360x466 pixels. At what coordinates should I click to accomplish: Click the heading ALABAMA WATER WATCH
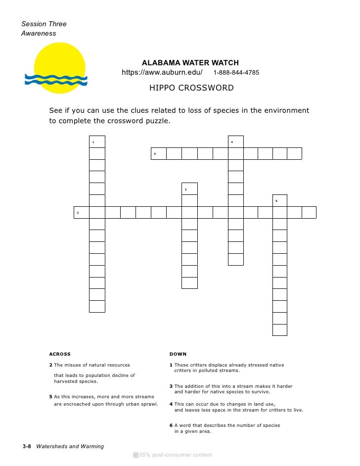pyautogui.click(x=190, y=63)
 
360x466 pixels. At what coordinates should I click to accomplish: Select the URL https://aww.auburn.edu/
pyautogui.click(x=162, y=73)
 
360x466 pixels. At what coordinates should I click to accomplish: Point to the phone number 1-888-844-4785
pyautogui.click(x=236, y=73)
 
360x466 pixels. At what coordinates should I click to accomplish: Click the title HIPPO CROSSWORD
pyautogui.click(x=191, y=88)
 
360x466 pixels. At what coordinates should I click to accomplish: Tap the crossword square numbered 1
pyautogui.click(x=97, y=141)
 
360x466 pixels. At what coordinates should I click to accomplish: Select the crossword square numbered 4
pyautogui.click(x=235, y=141)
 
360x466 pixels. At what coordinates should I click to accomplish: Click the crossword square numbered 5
pyautogui.click(x=158, y=153)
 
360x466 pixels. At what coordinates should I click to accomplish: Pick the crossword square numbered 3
pyautogui.click(x=189, y=188)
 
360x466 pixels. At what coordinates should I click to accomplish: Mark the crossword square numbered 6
pyautogui.click(x=280, y=200)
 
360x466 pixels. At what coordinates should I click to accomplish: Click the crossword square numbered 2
pyautogui.click(x=81, y=212)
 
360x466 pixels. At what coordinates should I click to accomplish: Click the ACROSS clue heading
pyautogui.click(x=60, y=354)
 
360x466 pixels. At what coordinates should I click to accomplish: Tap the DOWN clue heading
pyautogui.click(x=178, y=354)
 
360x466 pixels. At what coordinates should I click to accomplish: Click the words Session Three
pyautogui.click(x=44, y=24)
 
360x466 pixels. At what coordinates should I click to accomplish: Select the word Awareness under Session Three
pyautogui.click(x=39, y=34)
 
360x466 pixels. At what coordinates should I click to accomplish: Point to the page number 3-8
pyautogui.click(x=27, y=446)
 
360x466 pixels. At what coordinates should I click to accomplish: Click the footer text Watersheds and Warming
pyautogui.click(x=70, y=446)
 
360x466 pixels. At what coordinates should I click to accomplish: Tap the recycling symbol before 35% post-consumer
pyautogui.click(x=136, y=455)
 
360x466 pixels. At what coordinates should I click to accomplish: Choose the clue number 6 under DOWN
pyautogui.click(x=171, y=425)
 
